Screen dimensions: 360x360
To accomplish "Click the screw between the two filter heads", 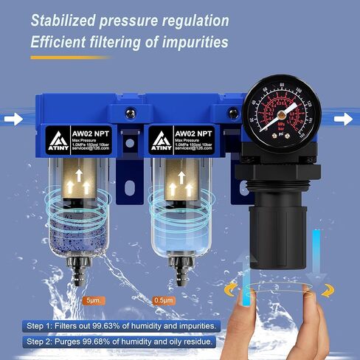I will click(131, 113).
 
